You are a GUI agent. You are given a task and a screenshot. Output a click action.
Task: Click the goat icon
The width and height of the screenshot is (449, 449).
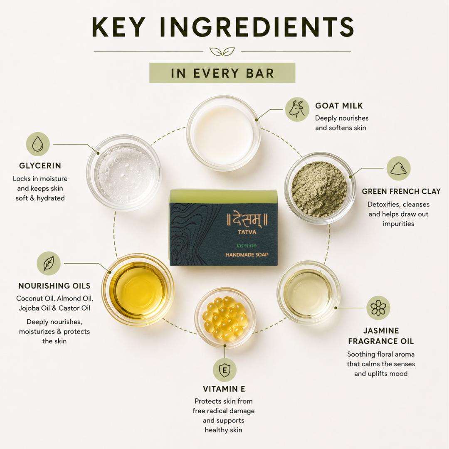[297, 109]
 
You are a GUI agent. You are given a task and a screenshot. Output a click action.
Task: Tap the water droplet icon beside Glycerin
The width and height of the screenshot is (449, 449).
[38, 144]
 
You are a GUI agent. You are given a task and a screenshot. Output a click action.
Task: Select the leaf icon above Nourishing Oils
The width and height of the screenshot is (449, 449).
[49, 263]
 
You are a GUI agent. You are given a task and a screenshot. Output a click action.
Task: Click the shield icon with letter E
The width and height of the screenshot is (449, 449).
[224, 370]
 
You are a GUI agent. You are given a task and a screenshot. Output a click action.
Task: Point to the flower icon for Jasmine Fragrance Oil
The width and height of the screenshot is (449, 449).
[378, 308]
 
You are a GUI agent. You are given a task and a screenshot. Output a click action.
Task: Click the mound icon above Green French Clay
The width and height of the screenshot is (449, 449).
[399, 168]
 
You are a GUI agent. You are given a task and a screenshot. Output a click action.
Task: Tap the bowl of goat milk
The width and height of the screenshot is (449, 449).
[223, 133]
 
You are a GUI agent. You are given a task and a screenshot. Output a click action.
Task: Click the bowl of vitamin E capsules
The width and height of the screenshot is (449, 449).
[225, 318]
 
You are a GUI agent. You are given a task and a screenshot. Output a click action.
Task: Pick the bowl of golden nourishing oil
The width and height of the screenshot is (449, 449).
[138, 290]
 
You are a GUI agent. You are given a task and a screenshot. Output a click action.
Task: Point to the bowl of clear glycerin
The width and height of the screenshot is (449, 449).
[124, 173]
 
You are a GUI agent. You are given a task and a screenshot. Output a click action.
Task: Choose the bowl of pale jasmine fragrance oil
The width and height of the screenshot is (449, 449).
[308, 293]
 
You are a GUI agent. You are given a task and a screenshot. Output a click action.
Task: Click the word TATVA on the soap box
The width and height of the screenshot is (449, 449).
[247, 232]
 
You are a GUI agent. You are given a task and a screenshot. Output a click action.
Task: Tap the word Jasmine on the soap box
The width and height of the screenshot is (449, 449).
[246, 245]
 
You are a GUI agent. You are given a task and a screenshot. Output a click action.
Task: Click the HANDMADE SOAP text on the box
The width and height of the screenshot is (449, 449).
[247, 254]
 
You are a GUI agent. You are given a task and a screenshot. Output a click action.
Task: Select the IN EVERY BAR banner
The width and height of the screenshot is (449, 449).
[222, 73]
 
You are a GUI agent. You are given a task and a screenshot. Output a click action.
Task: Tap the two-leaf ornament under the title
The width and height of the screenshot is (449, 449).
[222, 52]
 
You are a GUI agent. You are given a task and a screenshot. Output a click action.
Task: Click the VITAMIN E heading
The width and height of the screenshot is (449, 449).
[224, 389]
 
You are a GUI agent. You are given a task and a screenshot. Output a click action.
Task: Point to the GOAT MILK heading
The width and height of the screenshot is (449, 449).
[339, 106]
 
